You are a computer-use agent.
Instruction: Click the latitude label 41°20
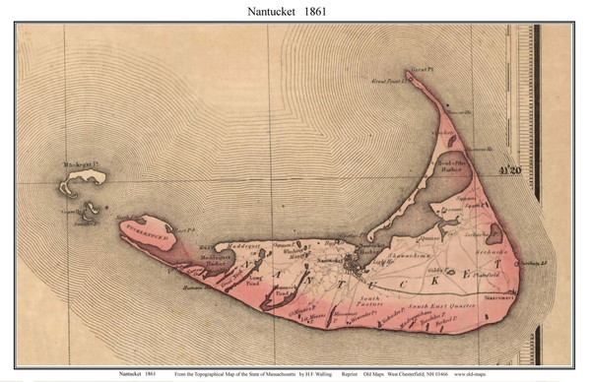point(509,168)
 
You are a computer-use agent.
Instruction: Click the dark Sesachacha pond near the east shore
point(492,233)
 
